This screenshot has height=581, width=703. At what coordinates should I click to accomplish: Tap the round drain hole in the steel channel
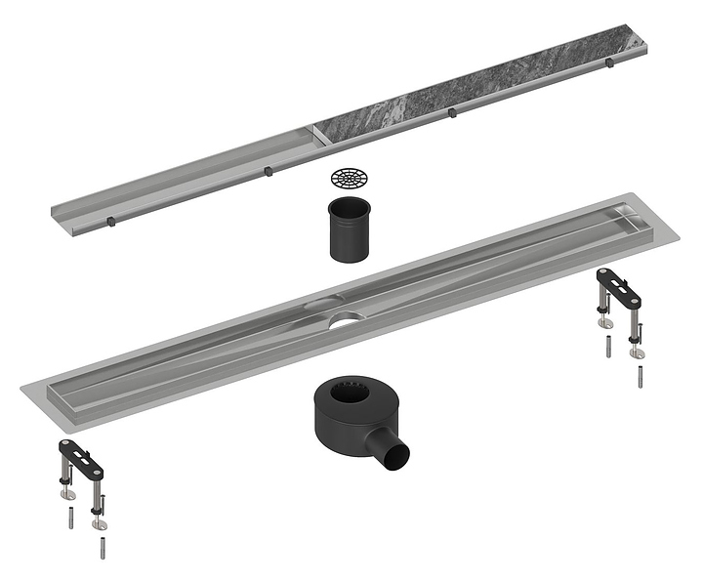coord(344,316)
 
